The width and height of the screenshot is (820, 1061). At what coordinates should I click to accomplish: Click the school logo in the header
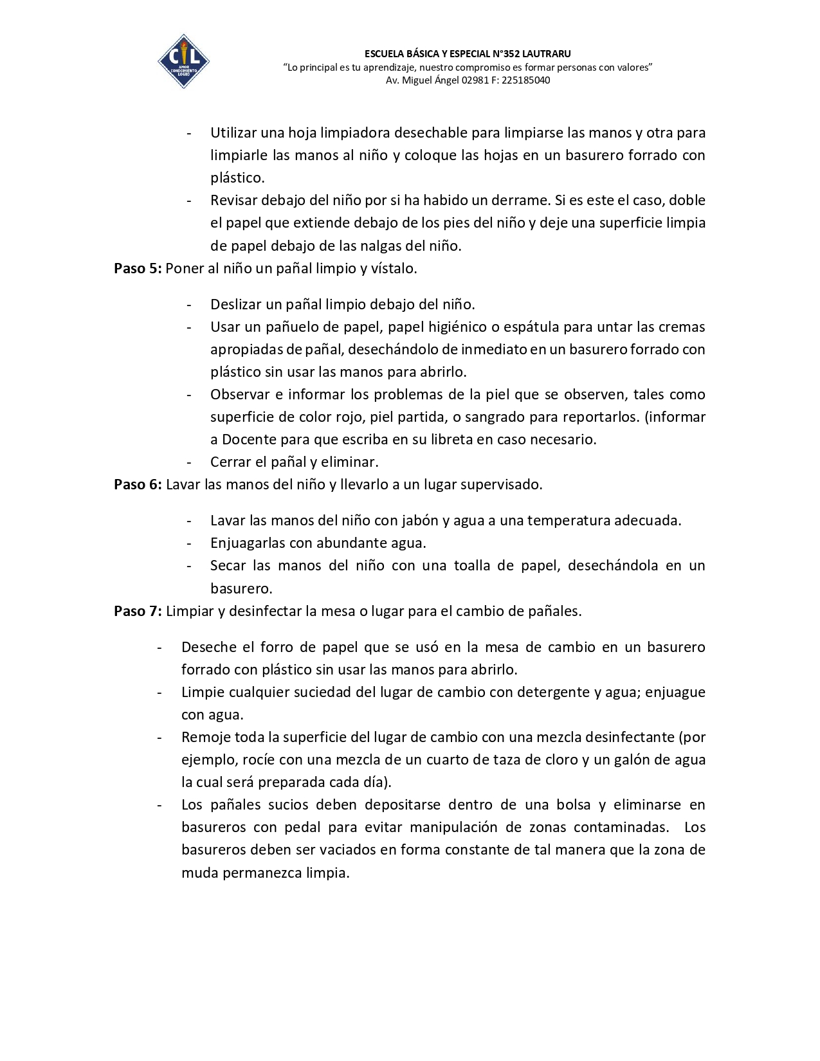point(183,61)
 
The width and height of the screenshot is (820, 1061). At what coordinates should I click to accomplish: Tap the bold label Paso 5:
point(138,269)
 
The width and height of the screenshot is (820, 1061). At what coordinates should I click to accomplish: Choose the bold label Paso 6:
point(138,485)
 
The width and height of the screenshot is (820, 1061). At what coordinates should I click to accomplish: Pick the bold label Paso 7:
point(138,612)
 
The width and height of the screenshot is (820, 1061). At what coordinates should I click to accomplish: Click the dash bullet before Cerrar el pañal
point(189,462)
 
